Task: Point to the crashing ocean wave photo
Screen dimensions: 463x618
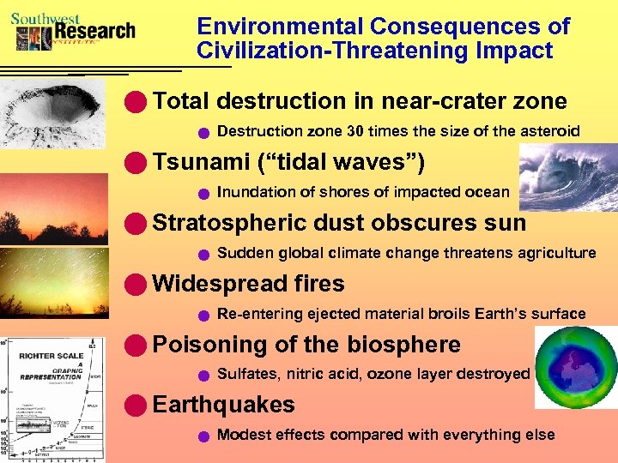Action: click(x=567, y=177)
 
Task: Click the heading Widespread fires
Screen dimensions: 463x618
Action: click(x=248, y=284)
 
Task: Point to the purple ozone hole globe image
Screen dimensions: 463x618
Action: click(x=575, y=368)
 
